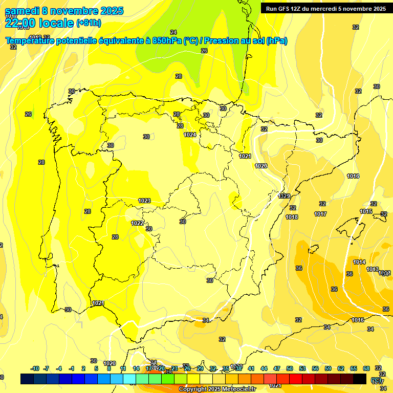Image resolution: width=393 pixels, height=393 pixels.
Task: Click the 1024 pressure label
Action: click(x=190, y=135)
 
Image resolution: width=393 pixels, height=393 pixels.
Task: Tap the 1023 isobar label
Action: click(x=144, y=201)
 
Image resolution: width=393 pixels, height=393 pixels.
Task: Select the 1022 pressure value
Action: click(x=137, y=223)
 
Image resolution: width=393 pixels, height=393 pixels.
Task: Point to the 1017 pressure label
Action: click(x=320, y=214)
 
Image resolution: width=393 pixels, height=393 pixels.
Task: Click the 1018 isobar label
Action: click(x=292, y=217)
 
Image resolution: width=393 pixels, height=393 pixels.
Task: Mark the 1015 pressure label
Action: click(x=366, y=211)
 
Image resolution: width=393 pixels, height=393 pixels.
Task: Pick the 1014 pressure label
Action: click(x=359, y=262)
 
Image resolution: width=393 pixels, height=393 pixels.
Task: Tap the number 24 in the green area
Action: click(x=173, y=32)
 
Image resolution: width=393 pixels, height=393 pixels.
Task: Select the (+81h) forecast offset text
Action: click(x=89, y=23)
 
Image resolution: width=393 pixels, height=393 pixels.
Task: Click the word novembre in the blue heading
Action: click(x=75, y=11)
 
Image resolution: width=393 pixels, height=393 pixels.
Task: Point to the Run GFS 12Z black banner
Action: click(x=325, y=8)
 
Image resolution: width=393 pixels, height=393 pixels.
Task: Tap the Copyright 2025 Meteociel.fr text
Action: click(x=217, y=389)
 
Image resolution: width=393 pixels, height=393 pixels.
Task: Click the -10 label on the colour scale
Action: click(x=35, y=368)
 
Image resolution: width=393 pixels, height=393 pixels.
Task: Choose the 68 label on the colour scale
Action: click(x=366, y=368)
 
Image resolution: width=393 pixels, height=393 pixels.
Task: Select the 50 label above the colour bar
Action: click(x=290, y=368)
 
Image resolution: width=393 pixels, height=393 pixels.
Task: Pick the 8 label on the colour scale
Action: click(x=109, y=368)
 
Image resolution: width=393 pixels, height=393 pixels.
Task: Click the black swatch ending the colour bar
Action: click(x=360, y=379)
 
